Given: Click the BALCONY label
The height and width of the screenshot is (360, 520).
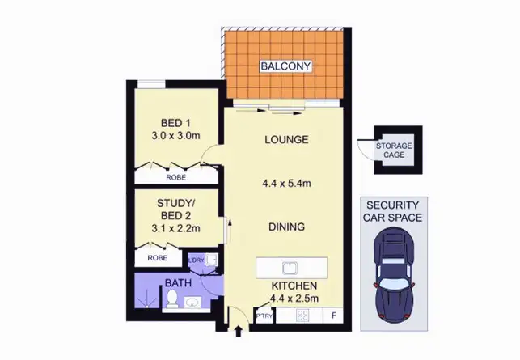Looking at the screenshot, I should pyautogui.click(x=285, y=66).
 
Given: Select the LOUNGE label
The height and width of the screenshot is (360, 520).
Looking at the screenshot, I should pyautogui.click(x=286, y=140).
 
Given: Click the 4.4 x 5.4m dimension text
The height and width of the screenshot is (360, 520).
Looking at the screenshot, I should pyautogui.click(x=287, y=184).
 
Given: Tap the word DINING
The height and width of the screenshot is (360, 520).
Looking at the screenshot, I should pyautogui.click(x=286, y=227).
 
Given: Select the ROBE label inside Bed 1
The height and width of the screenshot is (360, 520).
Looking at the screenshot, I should pyautogui.click(x=176, y=177).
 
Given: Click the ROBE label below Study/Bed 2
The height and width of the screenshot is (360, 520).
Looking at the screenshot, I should pyautogui.click(x=158, y=258).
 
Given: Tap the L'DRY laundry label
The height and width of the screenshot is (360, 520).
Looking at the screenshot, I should pyautogui.click(x=196, y=260).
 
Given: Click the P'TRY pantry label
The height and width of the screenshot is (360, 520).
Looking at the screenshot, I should pyautogui.click(x=263, y=316).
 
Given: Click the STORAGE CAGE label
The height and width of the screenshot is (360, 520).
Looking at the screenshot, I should pyautogui.click(x=394, y=150).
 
